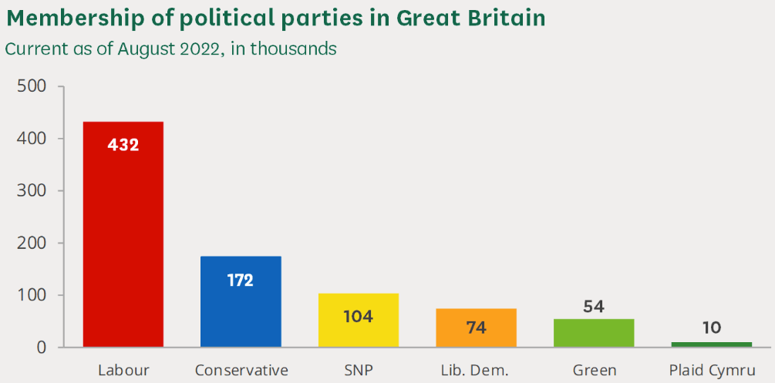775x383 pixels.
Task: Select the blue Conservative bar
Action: (241, 308)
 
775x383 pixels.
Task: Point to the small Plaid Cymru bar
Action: (711, 344)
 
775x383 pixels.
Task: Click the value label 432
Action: (123, 144)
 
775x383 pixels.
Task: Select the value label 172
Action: (241, 280)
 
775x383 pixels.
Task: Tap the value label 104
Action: (358, 316)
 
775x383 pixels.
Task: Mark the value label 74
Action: (476, 327)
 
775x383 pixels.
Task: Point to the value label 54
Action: (594, 307)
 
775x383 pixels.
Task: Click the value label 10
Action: (711, 328)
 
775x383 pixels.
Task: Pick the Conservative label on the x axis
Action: (241, 370)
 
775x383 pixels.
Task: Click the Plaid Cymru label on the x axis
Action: (711, 371)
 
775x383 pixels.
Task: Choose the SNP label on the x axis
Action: (359, 370)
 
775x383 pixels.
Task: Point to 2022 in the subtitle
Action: (200, 49)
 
